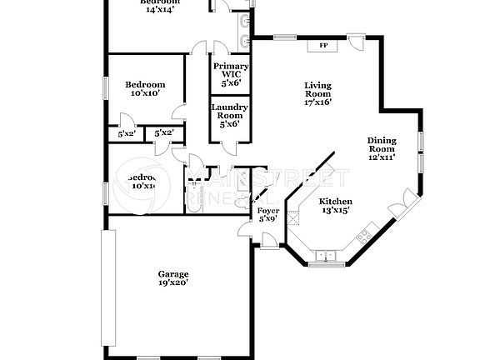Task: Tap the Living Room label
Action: pyautogui.click(x=317, y=94)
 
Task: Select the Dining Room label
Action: pyautogui.click(x=382, y=147)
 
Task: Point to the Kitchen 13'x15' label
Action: pyautogui.click(x=336, y=206)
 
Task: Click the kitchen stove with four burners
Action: pyautogui.click(x=363, y=238)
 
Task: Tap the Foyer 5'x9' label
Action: pyautogui.click(x=267, y=215)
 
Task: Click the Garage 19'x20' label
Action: pyautogui.click(x=173, y=278)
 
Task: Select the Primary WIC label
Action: pyautogui.click(x=229, y=74)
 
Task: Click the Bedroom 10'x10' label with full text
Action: pyautogui.click(x=145, y=89)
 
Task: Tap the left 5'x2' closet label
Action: pyautogui.click(x=127, y=133)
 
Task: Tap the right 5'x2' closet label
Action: pyautogui.click(x=164, y=133)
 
